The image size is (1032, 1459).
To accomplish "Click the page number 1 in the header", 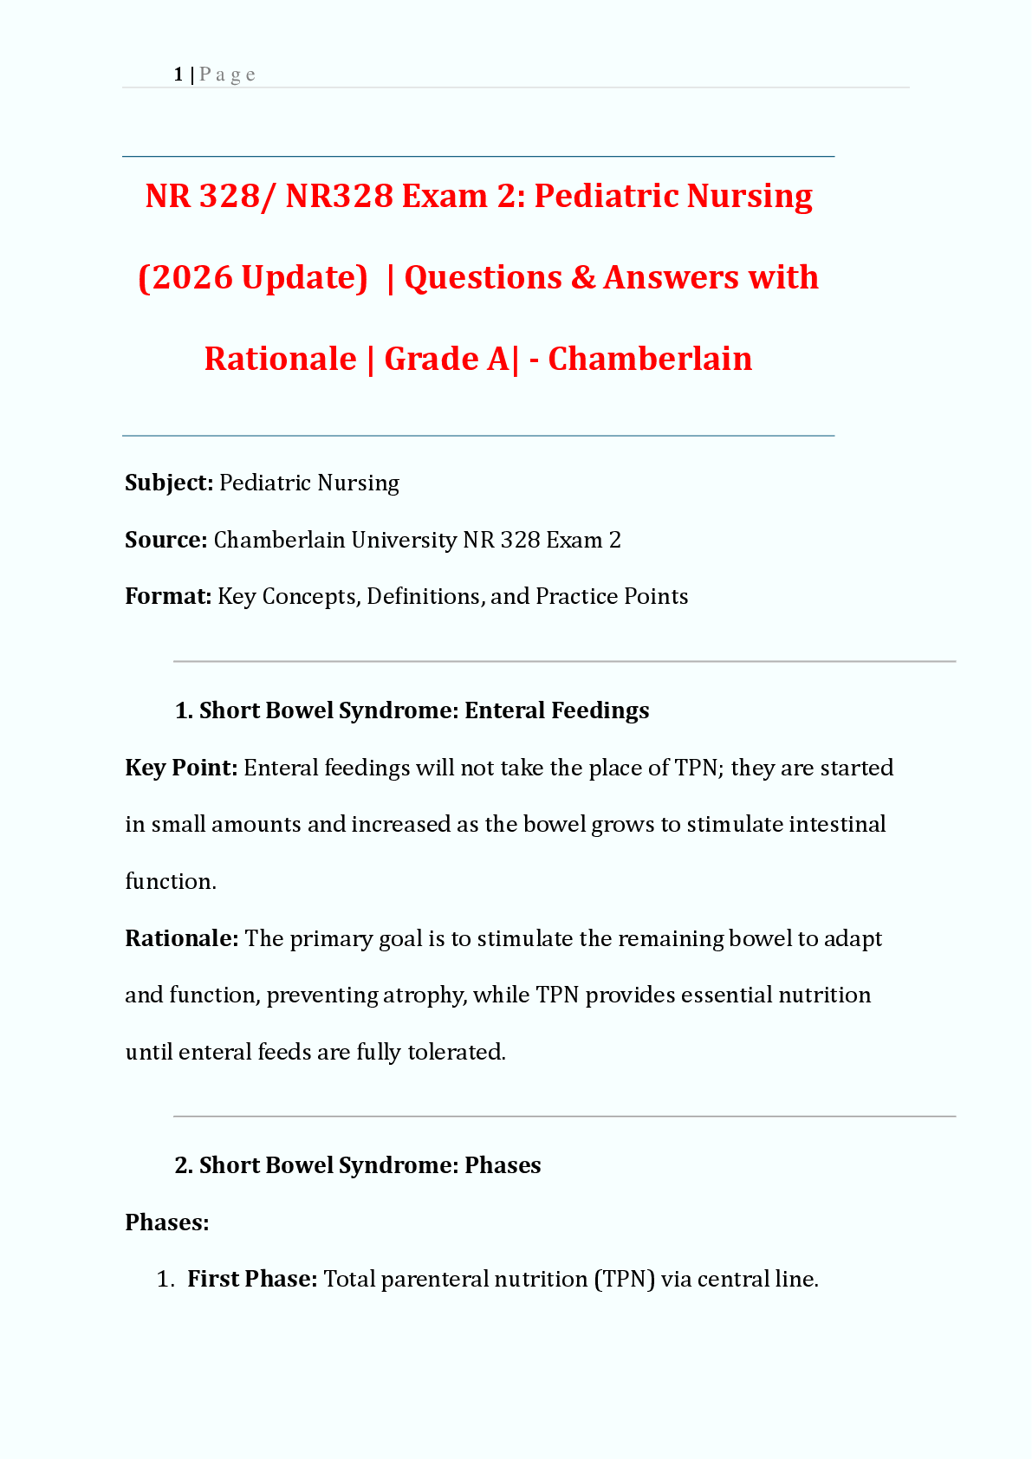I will pos(178,75).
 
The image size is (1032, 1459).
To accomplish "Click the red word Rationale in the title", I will pos(280,359).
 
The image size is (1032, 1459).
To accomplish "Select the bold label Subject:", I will pos(169,483).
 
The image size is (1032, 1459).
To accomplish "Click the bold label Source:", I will pos(166,540).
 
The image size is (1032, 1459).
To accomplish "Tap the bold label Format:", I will pos(168,596).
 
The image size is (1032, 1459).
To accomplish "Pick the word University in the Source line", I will pos(404,540).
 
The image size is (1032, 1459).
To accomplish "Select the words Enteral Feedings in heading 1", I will pos(556,710).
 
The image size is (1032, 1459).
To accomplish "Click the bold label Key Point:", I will pos(181,768).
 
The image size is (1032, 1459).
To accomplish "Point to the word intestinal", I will pos(836,824).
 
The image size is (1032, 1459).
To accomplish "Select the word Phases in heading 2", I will pos(503,1165).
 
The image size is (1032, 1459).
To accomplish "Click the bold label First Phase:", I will pos(252,1279).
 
